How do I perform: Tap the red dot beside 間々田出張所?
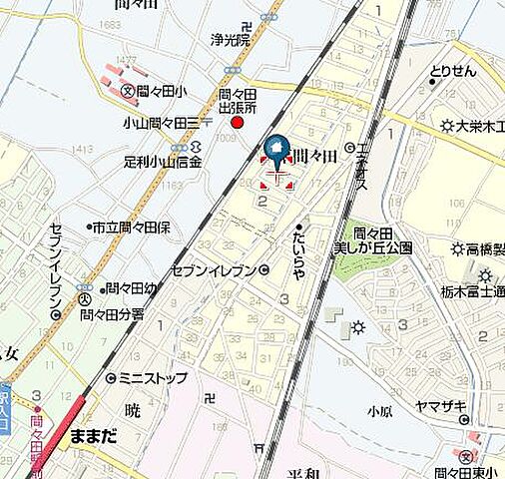(x=238, y=123)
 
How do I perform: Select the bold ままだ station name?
(x=95, y=437)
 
